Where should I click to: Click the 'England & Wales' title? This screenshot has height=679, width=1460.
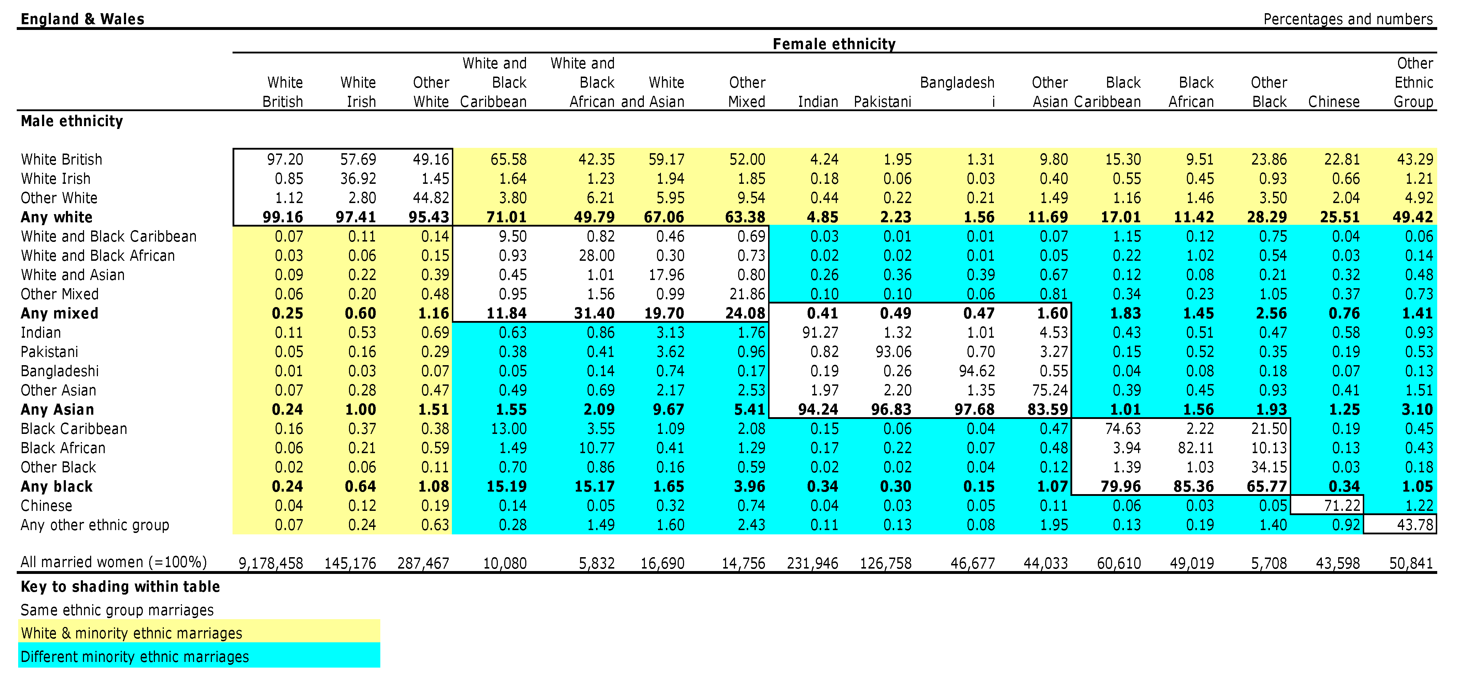pyautogui.click(x=82, y=19)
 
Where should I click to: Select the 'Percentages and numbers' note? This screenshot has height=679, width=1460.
pyautogui.click(x=1348, y=19)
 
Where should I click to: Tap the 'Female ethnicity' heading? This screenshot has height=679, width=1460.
pyautogui.click(x=834, y=44)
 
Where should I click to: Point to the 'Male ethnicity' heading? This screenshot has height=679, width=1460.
pyautogui.click(x=72, y=121)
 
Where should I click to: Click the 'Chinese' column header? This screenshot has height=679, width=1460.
pyautogui.click(x=1334, y=102)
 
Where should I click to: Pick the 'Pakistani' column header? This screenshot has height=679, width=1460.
pyautogui.click(x=882, y=102)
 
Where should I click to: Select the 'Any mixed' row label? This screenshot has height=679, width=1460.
pyautogui.click(x=59, y=313)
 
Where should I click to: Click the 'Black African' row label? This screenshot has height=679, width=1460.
pyautogui.click(x=63, y=448)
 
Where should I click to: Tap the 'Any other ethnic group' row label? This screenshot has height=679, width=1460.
pyautogui.click(x=95, y=525)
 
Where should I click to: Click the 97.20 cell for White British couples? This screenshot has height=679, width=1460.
pyautogui.click(x=285, y=159)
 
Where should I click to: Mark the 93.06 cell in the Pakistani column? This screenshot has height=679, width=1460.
pyautogui.click(x=893, y=352)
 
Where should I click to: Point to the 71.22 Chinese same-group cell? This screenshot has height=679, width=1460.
pyautogui.click(x=1341, y=506)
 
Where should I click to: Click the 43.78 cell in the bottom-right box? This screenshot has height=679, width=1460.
pyautogui.click(x=1415, y=525)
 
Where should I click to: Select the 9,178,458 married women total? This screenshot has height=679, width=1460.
pyautogui.click(x=271, y=563)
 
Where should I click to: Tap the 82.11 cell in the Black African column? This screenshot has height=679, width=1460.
pyautogui.click(x=1195, y=448)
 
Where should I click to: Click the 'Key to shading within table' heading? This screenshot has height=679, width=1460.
pyautogui.click(x=120, y=587)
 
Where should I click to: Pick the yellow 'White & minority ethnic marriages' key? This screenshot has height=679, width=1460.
pyautogui.click(x=131, y=633)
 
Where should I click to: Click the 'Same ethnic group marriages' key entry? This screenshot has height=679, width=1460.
pyautogui.click(x=117, y=610)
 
